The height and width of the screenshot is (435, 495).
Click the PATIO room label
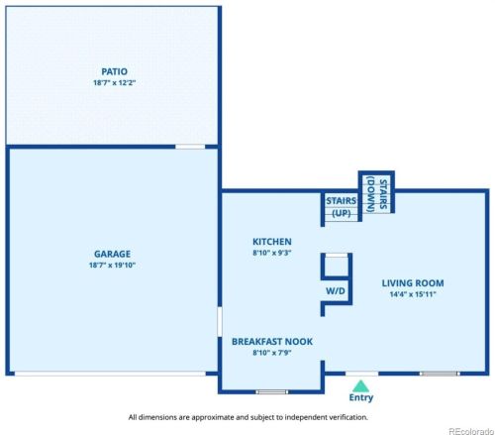click(x=114, y=71)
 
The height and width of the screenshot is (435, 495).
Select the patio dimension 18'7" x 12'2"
click(x=114, y=83)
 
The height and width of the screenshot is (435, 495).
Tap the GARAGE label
click(x=113, y=254)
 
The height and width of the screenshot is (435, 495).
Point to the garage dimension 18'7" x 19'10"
click(x=113, y=266)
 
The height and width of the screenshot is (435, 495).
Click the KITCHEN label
click(x=271, y=242)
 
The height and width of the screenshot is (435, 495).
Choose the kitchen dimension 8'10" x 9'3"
click(x=271, y=254)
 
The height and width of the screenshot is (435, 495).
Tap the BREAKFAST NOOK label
click(x=272, y=341)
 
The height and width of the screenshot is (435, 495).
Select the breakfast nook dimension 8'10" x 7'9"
click(x=272, y=353)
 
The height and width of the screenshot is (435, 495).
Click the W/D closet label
click(x=336, y=291)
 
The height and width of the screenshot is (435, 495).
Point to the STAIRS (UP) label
click(x=341, y=206)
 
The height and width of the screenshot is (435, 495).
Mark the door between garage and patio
click(x=190, y=147)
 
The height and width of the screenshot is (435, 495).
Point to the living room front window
click(x=440, y=374)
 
